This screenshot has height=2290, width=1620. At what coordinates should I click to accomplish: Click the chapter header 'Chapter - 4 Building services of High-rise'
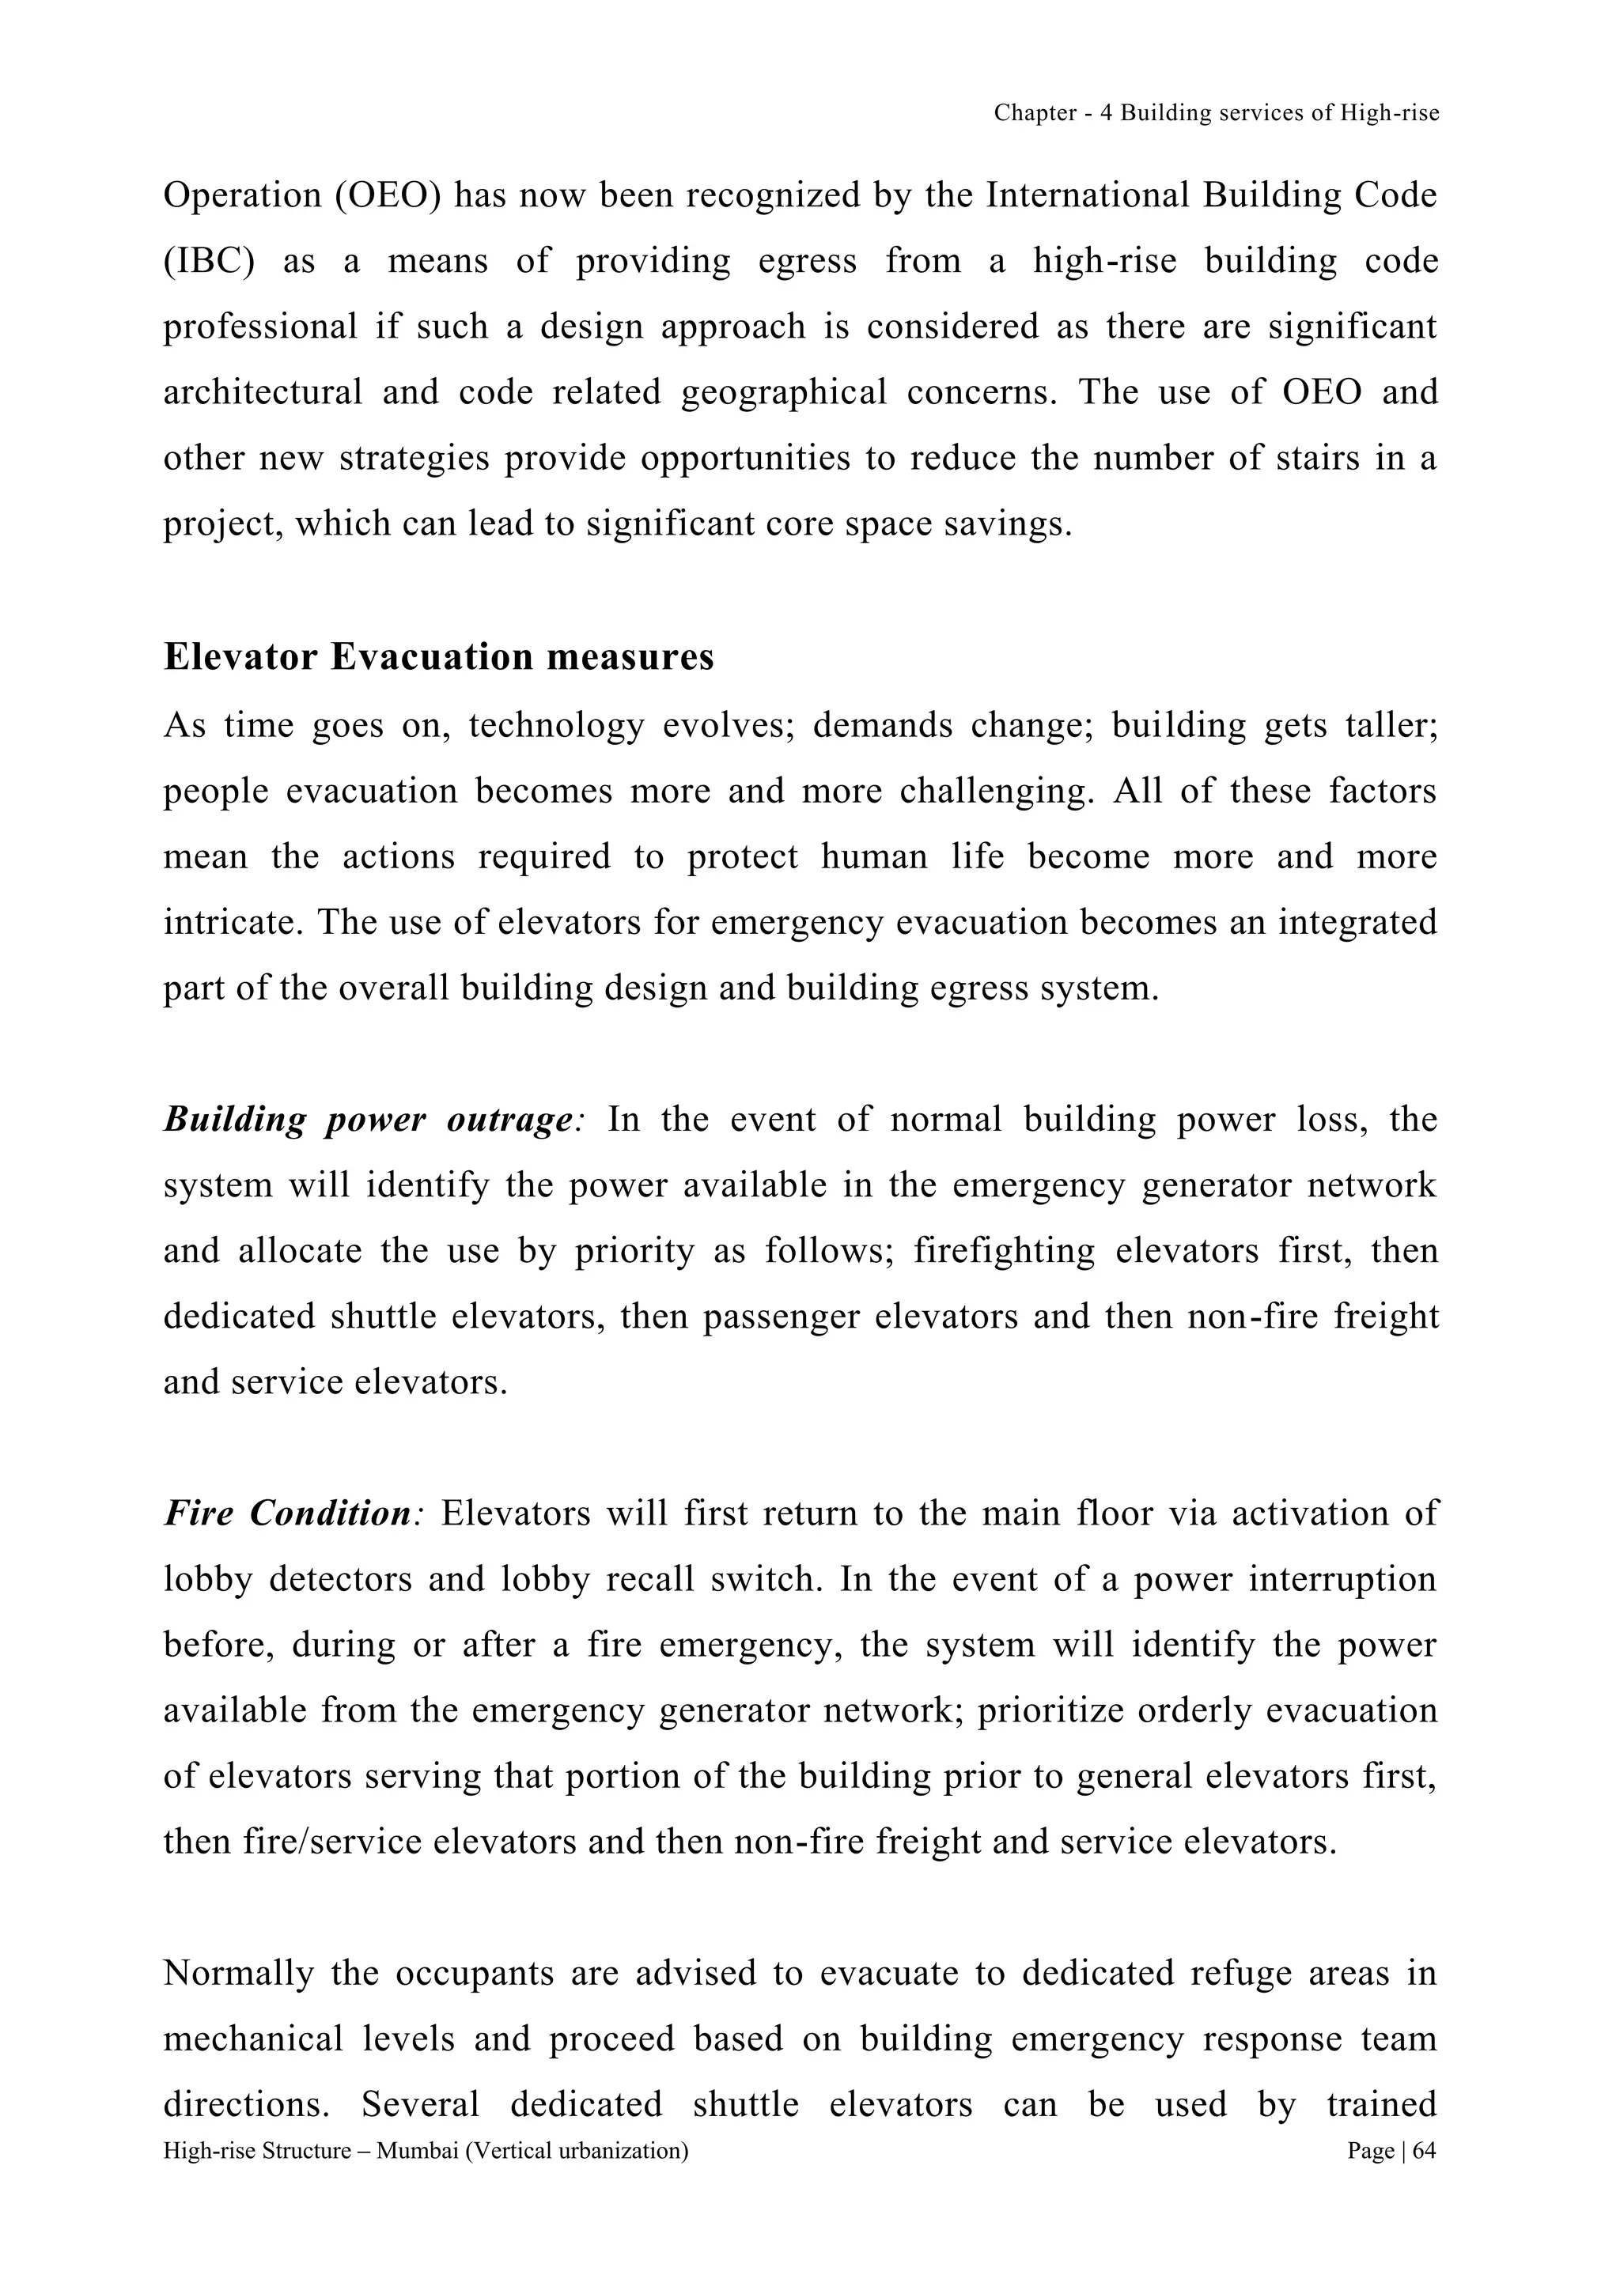click(1216, 114)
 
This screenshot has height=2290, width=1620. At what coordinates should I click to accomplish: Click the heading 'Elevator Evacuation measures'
click(439, 657)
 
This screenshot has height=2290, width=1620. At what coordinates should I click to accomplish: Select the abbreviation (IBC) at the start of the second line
click(210, 261)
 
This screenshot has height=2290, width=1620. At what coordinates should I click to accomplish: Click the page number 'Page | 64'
click(1391, 2152)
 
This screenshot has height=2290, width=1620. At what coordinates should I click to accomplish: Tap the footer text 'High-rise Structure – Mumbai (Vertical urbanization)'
click(426, 2152)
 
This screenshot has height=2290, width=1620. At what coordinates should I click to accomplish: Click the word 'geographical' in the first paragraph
click(783, 392)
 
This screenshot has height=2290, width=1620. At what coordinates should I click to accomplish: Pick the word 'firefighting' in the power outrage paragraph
click(1004, 1251)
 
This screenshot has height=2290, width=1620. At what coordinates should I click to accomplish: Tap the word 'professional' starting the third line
click(260, 327)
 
